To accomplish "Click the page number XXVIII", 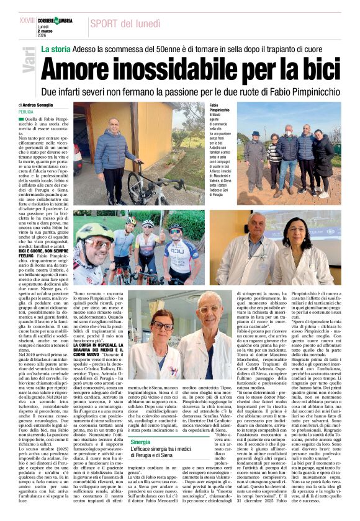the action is (28, 20).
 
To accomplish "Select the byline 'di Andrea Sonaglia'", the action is (37, 105).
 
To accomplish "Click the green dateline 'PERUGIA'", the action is (27, 112).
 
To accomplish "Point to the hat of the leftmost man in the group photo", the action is (255, 134).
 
